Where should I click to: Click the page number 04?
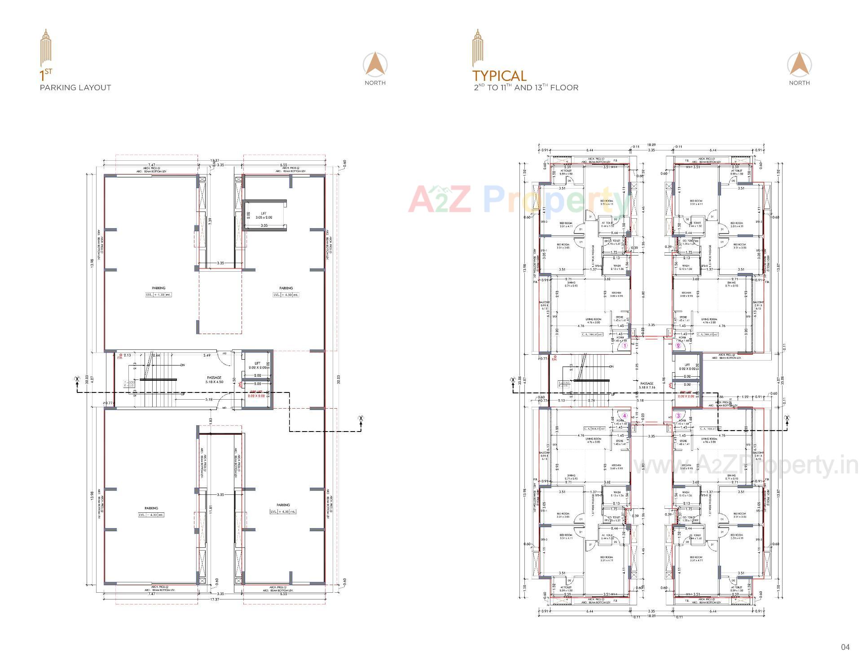pos(845,647)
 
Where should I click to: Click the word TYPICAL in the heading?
pos(499,75)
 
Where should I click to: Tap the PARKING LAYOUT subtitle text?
pos(75,88)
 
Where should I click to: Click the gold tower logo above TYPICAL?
pos(478,48)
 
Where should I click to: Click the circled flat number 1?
pos(624,345)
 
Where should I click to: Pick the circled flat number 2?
pos(678,345)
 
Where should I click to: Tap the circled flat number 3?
pos(678,416)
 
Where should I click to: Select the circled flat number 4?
pos(624,416)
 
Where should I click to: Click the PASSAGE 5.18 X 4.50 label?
pos(214,380)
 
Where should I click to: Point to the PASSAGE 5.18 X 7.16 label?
pos(647,385)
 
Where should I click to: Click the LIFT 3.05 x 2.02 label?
pos(264,216)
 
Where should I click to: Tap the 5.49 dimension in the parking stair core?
pos(207,356)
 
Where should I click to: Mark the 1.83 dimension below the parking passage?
pos(210,420)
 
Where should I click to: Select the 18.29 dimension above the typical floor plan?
pos(651,145)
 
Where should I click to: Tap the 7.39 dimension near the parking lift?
pos(210,221)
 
